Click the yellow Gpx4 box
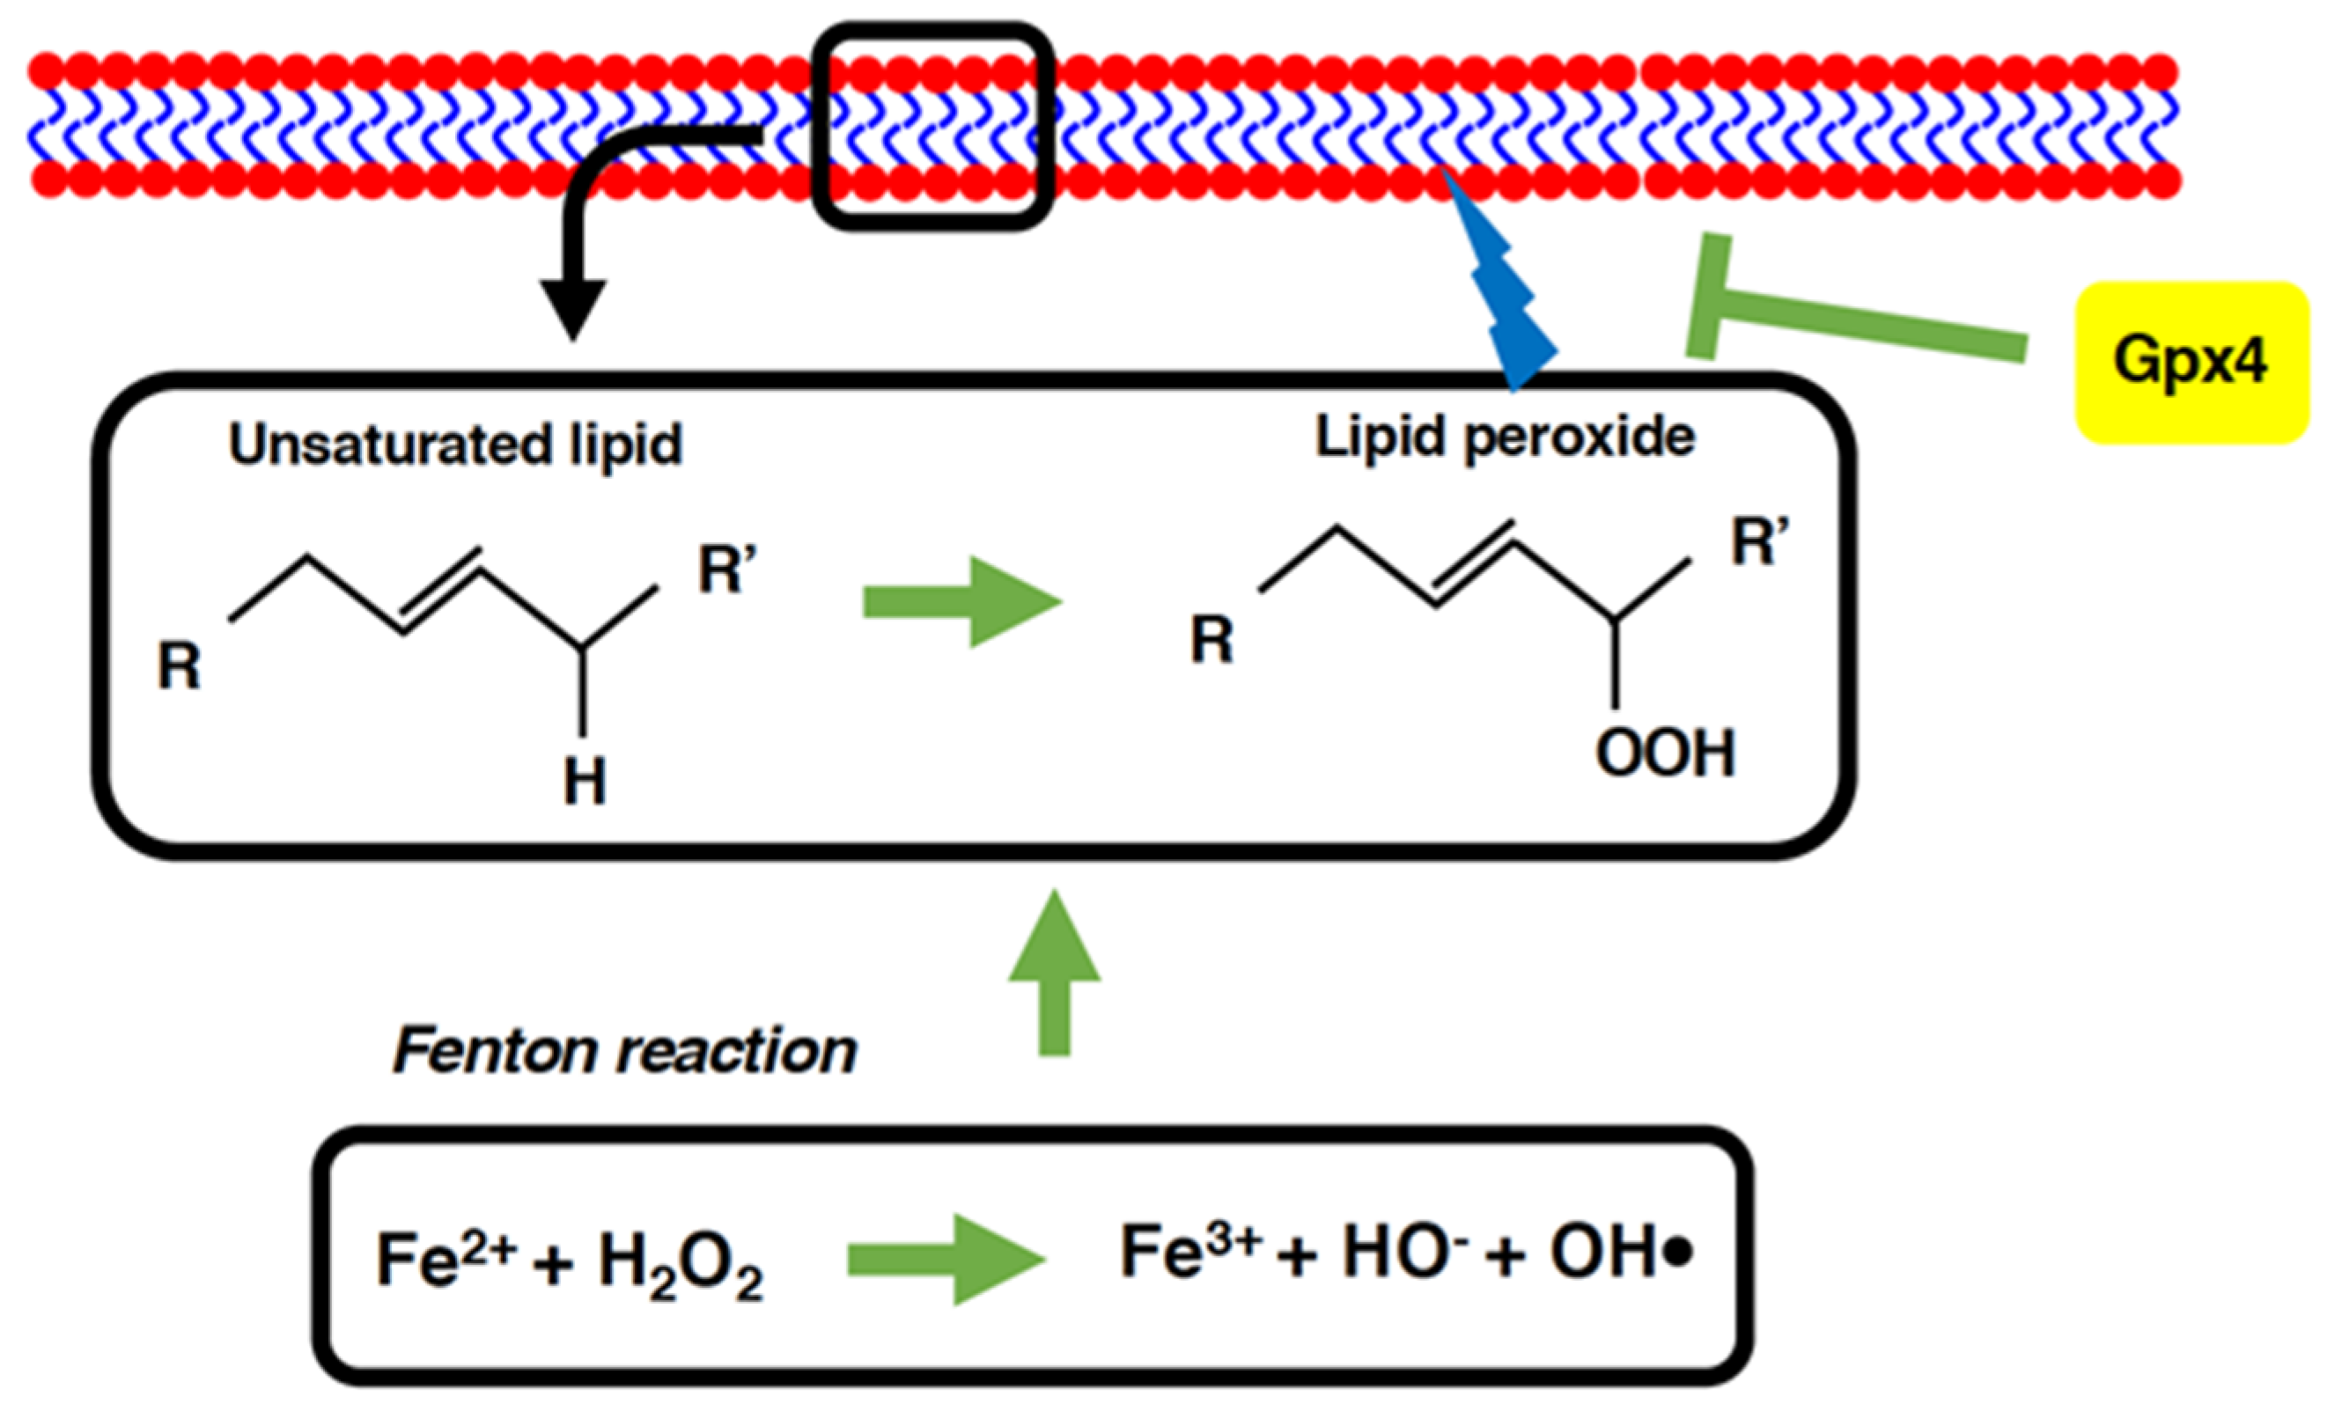[x=2191, y=363]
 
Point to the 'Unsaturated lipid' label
[x=455, y=445]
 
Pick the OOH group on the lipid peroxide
[x=1665, y=753]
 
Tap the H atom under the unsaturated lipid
[x=585, y=781]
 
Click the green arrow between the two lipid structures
[x=963, y=602]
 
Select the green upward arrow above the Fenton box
[x=1054, y=973]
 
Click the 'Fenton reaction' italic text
[x=624, y=1050]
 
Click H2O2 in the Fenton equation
[x=681, y=1264]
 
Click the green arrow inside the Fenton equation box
[x=946, y=1259]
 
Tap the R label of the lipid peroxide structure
[x=1212, y=639]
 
